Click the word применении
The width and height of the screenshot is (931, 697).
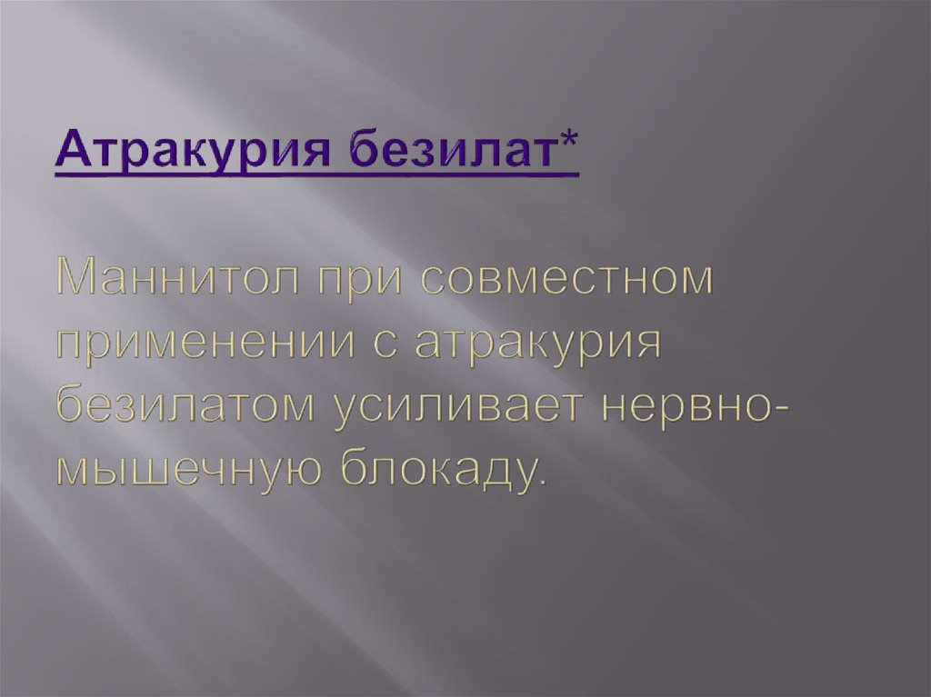[223, 346]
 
